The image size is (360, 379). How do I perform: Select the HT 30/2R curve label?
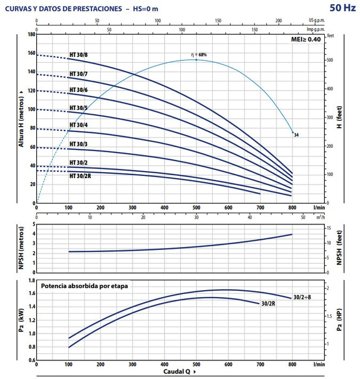(80, 175)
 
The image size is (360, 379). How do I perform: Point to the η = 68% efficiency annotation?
(199, 55)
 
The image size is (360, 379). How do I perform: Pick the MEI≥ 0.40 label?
(306, 39)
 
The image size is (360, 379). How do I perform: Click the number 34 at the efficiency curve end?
(296, 134)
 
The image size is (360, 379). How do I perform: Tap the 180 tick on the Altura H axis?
(31, 34)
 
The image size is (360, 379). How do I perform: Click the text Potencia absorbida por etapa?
(84, 285)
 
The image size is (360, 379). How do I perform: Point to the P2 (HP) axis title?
(339, 320)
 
